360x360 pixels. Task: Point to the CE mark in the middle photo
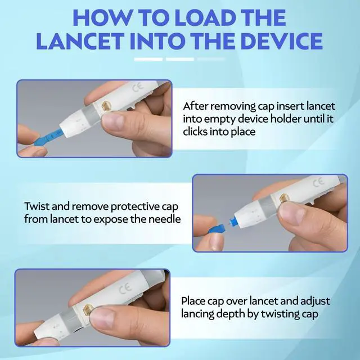coord(319,182)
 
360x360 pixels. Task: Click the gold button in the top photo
coord(106,106)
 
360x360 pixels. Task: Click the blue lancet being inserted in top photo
coord(48,138)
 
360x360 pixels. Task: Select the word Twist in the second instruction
coord(37,206)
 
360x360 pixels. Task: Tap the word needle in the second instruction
coord(164,219)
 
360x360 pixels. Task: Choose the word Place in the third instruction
coord(193,301)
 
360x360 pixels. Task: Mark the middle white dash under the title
coord(180,59)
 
